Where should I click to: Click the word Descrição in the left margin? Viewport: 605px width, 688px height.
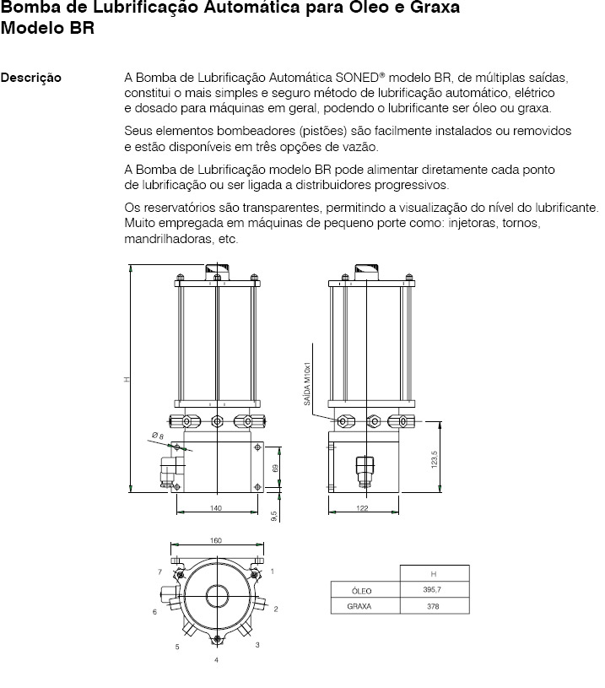[31, 79]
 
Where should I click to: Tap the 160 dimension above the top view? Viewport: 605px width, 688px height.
[216, 541]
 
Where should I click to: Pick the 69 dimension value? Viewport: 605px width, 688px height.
[276, 467]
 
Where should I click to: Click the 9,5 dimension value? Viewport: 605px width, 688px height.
[274, 517]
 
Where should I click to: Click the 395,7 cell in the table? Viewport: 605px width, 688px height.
[433, 589]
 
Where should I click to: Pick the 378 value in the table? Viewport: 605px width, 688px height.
[433, 605]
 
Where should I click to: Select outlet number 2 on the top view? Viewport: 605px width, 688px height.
[276, 608]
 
